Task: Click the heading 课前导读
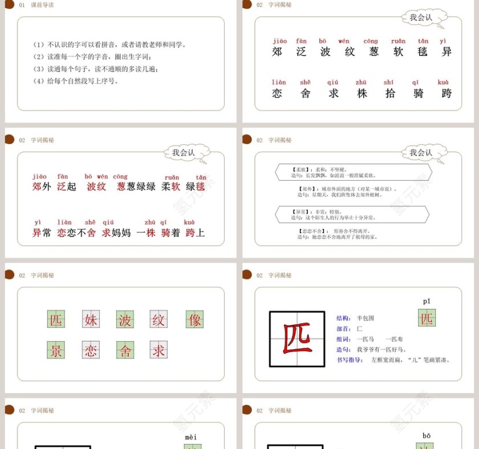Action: [43, 5]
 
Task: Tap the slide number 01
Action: [22, 5]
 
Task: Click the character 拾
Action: [390, 93]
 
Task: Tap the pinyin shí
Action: [389, 83]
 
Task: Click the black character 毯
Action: [423, 51]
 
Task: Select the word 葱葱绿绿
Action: [136, 186]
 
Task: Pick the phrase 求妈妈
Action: [116, 232]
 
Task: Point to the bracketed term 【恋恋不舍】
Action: [308, 231]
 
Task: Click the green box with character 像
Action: [194, 320]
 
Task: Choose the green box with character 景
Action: [56, 350]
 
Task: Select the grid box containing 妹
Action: [91, 320]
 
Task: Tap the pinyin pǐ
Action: [427, 301]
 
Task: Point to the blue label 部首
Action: [343, 329]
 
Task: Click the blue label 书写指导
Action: [350, 360]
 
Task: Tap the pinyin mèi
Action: [191, 437]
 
